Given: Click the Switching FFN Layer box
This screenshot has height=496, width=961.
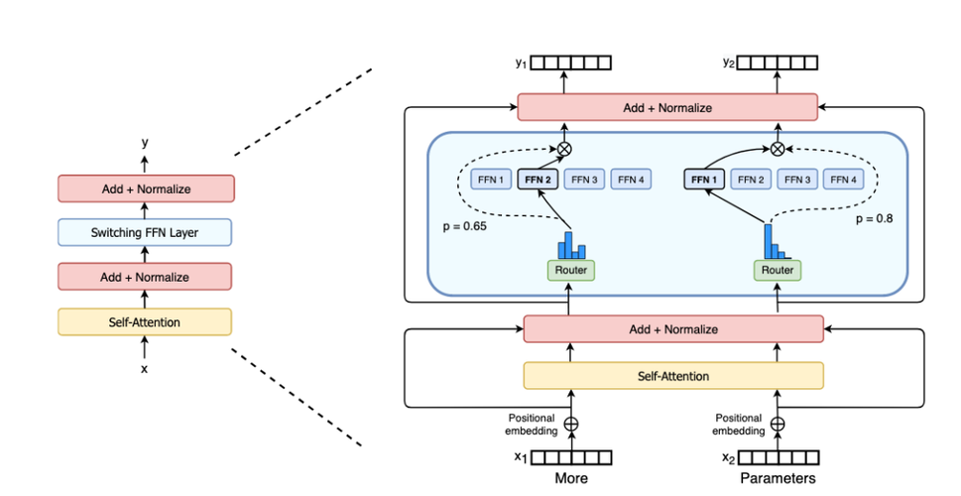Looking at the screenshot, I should coord(145,233).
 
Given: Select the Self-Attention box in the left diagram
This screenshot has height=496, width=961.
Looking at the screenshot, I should coord(145,321).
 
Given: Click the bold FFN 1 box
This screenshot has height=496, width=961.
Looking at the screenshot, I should coord(703,180).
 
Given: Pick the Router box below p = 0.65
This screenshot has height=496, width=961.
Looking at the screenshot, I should coord(570,269).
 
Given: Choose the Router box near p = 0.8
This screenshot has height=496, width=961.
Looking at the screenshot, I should coord(778,269).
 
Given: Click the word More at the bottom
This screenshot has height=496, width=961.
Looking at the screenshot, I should coord(570,478).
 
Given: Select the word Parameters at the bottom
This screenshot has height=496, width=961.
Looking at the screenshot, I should coord(778,478).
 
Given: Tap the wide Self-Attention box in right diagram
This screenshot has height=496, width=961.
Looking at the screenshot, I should coord(673,376).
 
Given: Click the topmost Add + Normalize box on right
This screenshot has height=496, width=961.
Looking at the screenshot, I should coord(666,107).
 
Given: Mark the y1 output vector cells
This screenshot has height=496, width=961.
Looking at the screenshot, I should coord(570,62).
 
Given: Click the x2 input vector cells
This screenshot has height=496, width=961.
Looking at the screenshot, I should coord(780,457).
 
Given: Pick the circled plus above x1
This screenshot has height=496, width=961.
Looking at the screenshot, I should coord(570,424).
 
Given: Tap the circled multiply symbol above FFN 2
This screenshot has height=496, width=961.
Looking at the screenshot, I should coord(564,149).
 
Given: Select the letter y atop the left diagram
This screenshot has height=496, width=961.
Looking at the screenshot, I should coord(145,142).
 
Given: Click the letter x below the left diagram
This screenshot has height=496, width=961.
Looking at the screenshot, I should coord(145,368).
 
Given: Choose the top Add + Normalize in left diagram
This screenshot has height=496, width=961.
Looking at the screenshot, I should coord(145,188).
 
